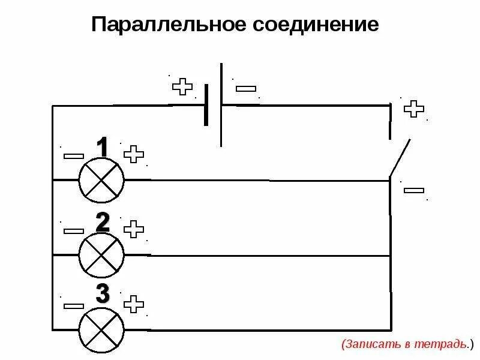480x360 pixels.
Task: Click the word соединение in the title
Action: coord(319,26)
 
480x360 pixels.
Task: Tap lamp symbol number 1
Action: coord(101,179)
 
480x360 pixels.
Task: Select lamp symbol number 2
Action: coord(101,254)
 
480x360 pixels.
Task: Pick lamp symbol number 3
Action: coord(101,329)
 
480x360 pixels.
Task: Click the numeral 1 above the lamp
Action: coord(103,148)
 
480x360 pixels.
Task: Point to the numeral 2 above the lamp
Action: coord(103,223)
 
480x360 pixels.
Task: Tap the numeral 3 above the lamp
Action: coord(103,294)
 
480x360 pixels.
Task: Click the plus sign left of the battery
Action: coord(182,87)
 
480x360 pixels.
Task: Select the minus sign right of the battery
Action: coord(246,89)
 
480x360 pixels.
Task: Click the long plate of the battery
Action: coord(221,105)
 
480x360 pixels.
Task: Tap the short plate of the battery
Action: coord(206,105)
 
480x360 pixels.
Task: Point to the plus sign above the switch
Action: coord(413,109)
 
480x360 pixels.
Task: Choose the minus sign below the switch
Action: coord(414,190)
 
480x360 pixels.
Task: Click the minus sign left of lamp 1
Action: coord(74,156)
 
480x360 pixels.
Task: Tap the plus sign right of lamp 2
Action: coord(134,229)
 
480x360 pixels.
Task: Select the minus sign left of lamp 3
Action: coord(74,305)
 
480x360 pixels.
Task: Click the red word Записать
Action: coord(366,344)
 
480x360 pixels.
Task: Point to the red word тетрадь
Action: coord(446,344)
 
